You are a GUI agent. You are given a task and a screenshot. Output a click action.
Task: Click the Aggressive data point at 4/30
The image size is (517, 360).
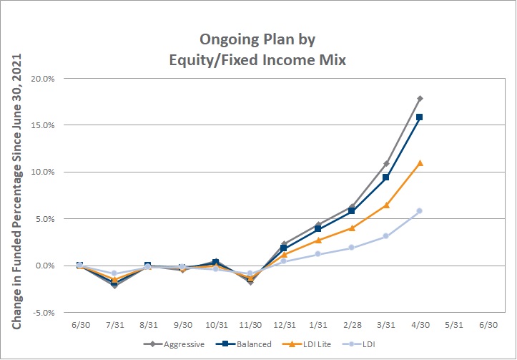pos(420,98)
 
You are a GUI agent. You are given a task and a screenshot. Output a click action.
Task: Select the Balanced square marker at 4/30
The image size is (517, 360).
pos(419,117)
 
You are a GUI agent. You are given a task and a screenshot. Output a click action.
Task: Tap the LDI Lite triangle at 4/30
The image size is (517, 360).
pos(420,162)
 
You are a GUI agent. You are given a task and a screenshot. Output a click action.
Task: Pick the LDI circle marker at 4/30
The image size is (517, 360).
pos(419,211)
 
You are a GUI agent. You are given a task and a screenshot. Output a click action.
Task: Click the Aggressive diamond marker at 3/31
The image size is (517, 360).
pos(386,163)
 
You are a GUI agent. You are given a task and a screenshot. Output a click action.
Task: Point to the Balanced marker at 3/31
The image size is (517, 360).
pos(385,177)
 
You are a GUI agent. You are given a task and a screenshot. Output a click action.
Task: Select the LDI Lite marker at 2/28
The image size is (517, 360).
pos(352,228)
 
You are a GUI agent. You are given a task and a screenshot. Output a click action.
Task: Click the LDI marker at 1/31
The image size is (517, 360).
pos(317,254)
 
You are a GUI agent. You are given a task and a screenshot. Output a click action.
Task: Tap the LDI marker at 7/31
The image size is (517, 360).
pos(114,273)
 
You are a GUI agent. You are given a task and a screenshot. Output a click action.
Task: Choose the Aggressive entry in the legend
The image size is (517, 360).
pos(174,344)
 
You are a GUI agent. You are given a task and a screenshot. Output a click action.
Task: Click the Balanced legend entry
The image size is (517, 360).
pos(243,344)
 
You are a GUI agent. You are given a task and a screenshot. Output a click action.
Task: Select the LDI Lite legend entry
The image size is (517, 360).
pos(306,344)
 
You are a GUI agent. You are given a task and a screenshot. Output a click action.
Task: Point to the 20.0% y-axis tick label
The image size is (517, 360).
pos(43,79)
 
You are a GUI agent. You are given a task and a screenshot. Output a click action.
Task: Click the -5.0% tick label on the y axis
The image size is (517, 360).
pos(44,313)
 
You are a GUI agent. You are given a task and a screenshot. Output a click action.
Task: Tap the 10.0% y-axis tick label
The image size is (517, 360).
pos(43,172)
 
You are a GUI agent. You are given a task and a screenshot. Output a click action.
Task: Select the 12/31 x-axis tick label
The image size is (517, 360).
pos(284,325)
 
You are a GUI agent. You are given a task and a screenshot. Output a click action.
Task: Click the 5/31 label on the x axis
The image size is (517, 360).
pos(453,325)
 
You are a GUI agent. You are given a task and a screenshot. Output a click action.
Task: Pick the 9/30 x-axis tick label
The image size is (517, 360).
pos(182,325)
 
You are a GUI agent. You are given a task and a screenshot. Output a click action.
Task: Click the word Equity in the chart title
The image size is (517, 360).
pos(191,60)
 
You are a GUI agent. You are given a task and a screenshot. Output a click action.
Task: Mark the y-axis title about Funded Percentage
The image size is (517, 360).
pos(16,191)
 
